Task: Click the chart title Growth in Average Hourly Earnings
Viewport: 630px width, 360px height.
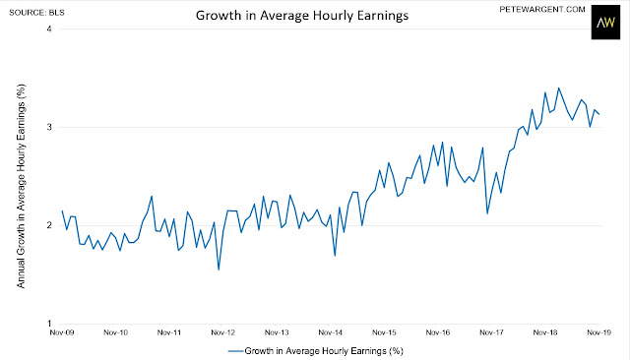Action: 302,16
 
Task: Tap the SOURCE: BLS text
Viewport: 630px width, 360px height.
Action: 36,13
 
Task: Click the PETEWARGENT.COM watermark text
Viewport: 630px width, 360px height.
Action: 542,9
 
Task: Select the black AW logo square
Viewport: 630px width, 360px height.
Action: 605,22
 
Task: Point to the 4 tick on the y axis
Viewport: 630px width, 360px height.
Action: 49,29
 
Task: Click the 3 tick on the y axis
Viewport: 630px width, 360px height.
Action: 49,127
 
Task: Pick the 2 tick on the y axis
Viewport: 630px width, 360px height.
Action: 49,225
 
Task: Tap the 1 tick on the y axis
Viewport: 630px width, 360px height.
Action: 49,324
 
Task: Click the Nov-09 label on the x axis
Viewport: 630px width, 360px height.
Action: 62,332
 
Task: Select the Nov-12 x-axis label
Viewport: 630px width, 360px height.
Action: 223,332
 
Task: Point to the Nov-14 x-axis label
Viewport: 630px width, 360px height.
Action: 331,332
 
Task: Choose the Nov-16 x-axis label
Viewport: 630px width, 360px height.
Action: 438,332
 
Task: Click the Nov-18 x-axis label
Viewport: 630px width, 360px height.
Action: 545,332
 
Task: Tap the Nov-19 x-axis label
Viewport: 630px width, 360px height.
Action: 598,332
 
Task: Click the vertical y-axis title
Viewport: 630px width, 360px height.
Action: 21,186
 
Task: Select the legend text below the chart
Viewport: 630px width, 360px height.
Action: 324,351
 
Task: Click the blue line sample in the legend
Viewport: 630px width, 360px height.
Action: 236,351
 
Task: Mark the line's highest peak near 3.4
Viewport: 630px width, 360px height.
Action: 558,88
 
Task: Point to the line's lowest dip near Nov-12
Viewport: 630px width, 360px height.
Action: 219,270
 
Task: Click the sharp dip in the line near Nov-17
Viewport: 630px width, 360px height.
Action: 487,213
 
